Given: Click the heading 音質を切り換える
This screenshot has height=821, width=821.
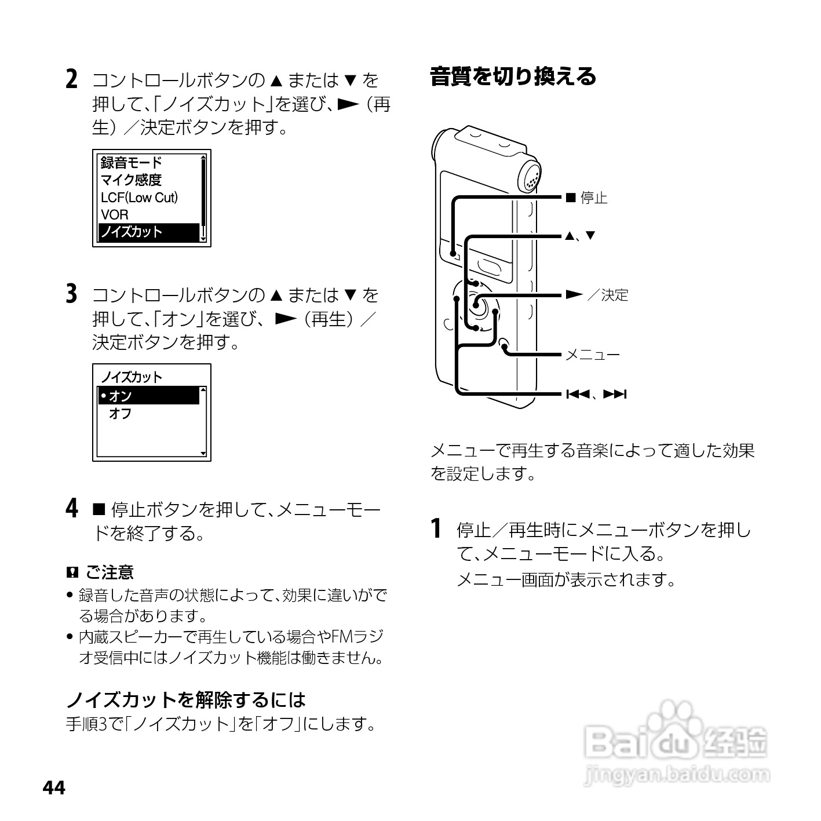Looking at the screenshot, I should tap(513, 76).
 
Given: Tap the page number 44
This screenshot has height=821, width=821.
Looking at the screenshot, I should tap(54, 788).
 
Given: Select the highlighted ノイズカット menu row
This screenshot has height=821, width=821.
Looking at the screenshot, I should tap(149, 232).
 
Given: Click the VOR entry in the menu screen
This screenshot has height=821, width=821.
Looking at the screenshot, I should tap(115, 215).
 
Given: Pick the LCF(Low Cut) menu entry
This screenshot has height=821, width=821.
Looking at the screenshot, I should tap(139, 198).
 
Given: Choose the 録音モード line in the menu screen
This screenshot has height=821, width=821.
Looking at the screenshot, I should tap(131, 163).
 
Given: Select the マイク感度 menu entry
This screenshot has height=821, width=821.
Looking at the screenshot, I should tap(131, 180).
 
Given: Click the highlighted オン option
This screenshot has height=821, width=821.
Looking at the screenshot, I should tap(148, 396).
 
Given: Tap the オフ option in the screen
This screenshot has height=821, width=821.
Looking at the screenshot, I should tap(121, 414).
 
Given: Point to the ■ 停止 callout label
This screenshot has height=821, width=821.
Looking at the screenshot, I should tap(586, 198).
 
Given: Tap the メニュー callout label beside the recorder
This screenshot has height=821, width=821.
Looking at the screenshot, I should tap(592, 355).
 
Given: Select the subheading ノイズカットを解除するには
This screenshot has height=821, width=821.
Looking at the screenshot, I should tap(185, 700).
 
